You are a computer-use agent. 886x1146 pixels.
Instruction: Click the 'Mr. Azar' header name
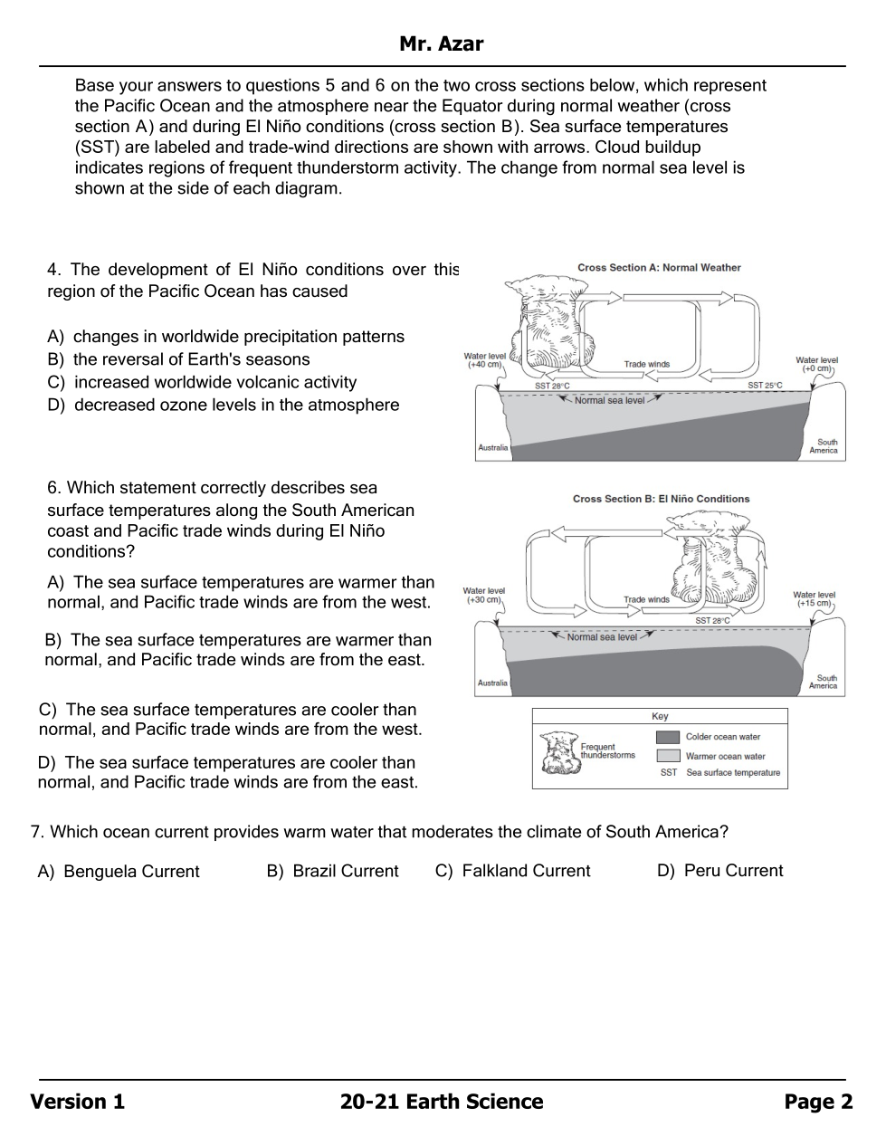[x=442, y=43]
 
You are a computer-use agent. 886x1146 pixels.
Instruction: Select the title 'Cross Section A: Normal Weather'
[x=659, y=268]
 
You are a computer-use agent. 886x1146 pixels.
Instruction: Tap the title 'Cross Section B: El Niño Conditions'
[x=661, y=499]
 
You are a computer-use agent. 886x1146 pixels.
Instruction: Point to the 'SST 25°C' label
[x=765, y=386]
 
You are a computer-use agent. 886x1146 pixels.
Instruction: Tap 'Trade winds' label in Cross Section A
[x=646, y=364]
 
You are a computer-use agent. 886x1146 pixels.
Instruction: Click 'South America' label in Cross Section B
[x=826, y=682]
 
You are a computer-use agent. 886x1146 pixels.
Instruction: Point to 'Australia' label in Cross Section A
[x=493, y=447]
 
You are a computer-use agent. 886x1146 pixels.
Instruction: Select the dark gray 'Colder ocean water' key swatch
[x=668, y=737]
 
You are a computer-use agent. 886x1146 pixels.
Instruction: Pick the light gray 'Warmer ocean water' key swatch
[x=668, y=756]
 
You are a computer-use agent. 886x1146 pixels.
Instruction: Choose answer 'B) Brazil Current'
[x=332, y=871]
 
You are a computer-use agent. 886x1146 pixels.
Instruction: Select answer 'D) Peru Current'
[x=719, y=871]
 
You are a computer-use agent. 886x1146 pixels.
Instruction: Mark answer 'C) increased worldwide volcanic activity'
[x=202, y=382]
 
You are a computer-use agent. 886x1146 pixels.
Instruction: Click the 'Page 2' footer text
[x=818, y=1102]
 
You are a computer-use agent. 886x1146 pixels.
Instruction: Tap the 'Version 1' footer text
[x=78, y=1102]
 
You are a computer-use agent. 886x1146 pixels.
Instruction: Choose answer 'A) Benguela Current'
[x=119, y=872]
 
